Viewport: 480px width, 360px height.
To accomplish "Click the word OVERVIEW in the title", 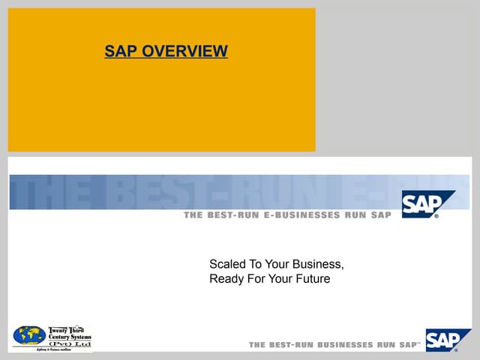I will point(184,52).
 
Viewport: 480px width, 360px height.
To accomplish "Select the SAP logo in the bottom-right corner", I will point(448,340).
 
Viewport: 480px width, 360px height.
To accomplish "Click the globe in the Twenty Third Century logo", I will point(29,335).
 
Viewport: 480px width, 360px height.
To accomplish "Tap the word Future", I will point(310,280).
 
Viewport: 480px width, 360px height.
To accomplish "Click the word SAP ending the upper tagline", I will point(380,215).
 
